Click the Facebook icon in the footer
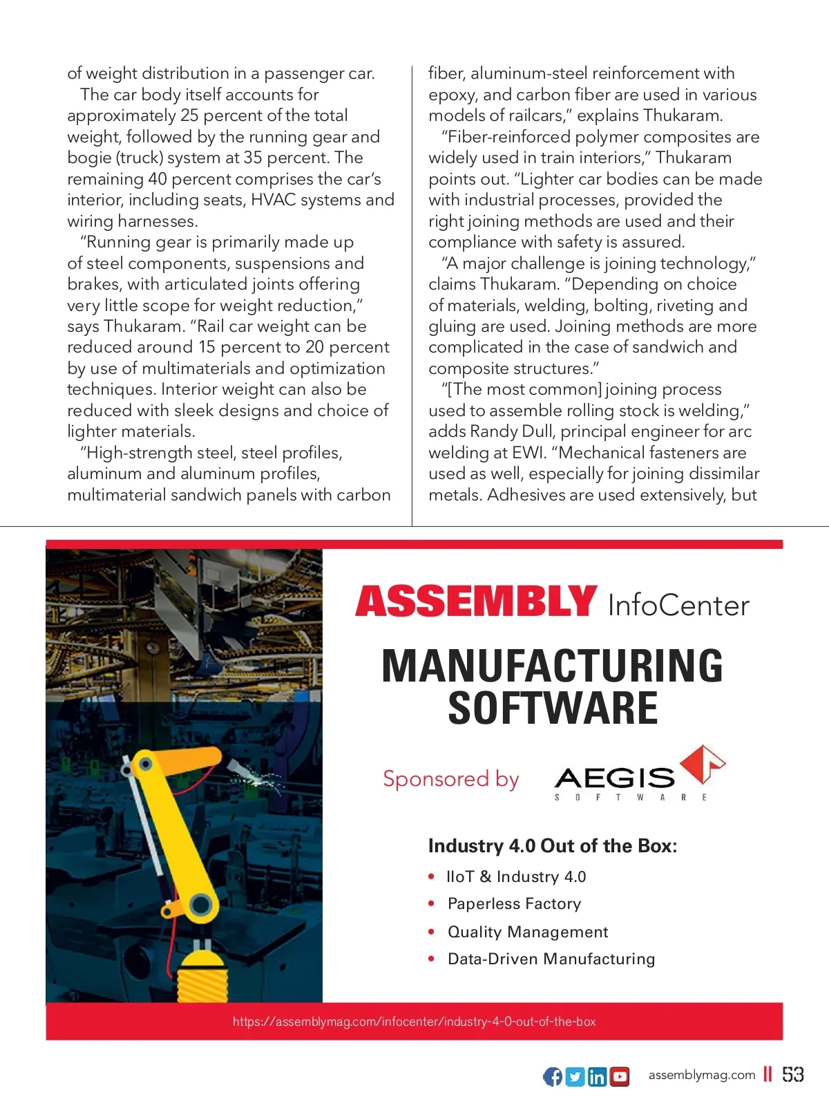coord(553,1076)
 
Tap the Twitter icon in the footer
coord(575,1076)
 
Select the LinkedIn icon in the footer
coord(598,1076)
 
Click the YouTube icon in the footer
coord(620,1076)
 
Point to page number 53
coord(793,1074)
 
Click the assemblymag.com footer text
coord(701,1075)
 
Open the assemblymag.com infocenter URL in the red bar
coord(414,1022)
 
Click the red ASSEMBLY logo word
coord(476,601)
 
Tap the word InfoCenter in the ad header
coord(678,606)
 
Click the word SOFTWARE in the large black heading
coord(553,708)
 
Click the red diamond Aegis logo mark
coord(703,764)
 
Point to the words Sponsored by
coord(450,779)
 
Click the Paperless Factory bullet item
coord(514,904)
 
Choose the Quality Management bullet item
coord(528,932)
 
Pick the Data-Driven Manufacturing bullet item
coord(551,959)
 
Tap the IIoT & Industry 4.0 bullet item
coord(516,877)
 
